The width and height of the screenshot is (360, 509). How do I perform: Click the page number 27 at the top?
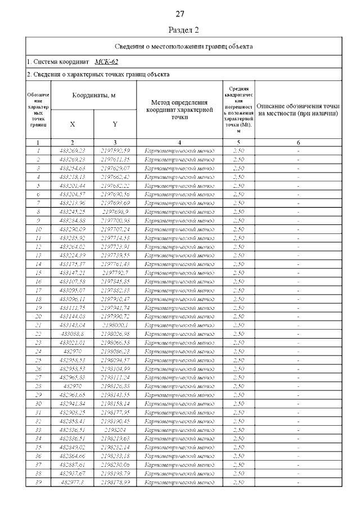(x=180, y=13)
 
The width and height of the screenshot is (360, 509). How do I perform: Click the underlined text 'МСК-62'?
(x=106, y=62)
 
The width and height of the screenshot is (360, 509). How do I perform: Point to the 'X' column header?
(x=72, y=124)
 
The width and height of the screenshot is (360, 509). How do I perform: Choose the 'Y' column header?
(x=115, y=124)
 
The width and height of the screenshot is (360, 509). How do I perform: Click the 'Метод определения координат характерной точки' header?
(x=179, y=110)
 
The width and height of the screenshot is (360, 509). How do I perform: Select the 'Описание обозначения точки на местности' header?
(x=298, y=110)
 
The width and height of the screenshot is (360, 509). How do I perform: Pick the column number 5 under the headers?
(x=238, y=143)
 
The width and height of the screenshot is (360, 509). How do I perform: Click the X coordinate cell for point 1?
(x=72, y=151)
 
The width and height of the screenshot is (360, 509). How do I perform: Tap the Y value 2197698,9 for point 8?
(x=115, y=212)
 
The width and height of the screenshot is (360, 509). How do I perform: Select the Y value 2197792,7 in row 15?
(x=115, y=273)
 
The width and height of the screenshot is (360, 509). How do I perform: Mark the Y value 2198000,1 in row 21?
(x=115, y=325)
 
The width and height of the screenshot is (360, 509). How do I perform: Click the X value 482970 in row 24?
(x=72, y=352)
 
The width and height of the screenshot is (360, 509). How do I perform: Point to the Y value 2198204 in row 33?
(x=115, y=430)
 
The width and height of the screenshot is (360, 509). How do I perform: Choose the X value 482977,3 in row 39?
(x=72, y=483)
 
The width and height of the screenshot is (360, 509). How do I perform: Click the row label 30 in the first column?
(x=38, y=404)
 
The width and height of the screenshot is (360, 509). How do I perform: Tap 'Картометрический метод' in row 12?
(x=179, y=247)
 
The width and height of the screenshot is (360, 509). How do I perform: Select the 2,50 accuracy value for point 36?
(x=238, y=456)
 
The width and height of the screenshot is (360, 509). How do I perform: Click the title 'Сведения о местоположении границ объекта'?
(x=183, y=46)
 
